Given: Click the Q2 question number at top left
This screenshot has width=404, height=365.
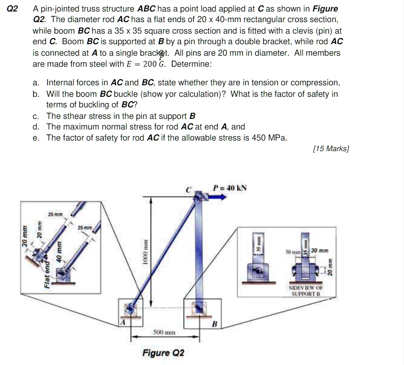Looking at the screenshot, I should tap(13, 8).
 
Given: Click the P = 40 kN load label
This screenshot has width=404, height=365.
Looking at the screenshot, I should tap(230, 187).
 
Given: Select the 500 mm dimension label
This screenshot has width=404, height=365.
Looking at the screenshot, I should tap(165, 332).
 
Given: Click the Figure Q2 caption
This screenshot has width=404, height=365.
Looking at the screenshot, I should tap(163, 353).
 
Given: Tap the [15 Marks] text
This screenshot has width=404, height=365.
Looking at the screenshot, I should tap(331, 149).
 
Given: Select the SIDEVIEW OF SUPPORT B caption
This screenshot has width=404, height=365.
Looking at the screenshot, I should tap(306, 290).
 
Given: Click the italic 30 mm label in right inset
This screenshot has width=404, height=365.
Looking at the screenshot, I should tap(320, 251).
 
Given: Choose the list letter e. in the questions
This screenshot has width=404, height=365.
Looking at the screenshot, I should tap(37, 137).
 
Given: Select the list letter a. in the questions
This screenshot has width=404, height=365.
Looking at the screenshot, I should tap(37, 83).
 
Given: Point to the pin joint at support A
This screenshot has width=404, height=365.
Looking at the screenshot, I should tap(130, 308).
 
